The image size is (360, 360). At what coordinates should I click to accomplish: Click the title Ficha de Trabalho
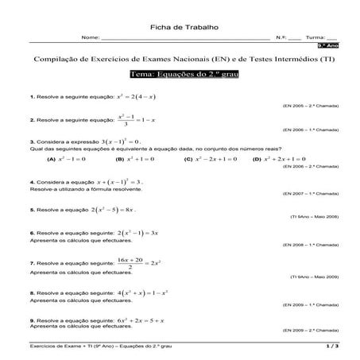(x=179, y=28)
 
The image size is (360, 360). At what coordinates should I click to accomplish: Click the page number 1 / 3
(x=331, y=347)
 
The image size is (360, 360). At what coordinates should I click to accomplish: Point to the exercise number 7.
(x=30, y=263)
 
